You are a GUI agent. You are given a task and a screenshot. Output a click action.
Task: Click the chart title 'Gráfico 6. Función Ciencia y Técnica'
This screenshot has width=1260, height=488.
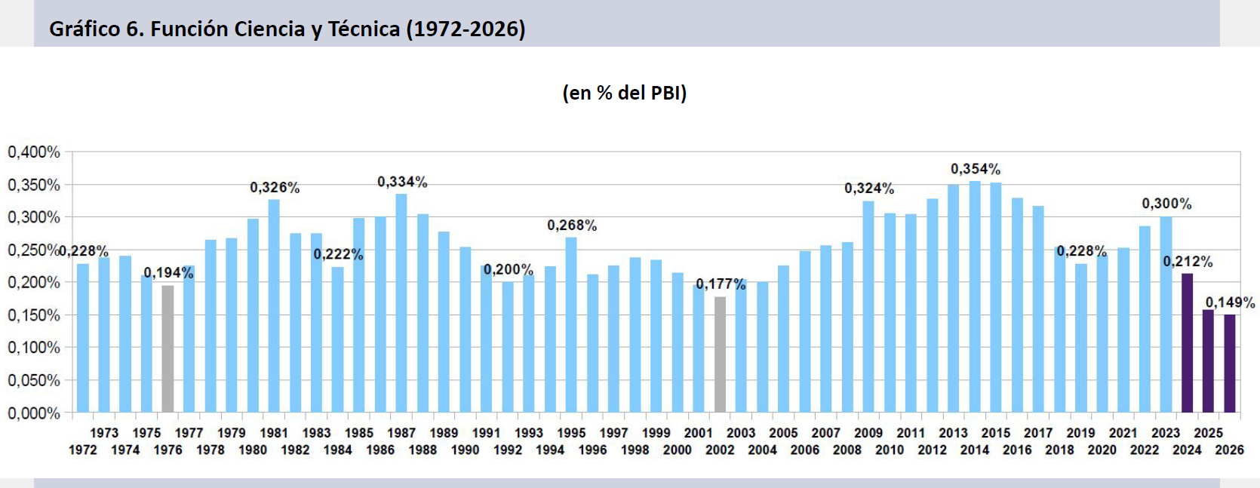click(287, 29)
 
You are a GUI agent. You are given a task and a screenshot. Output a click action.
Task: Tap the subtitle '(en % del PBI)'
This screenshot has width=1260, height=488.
click(624, 93)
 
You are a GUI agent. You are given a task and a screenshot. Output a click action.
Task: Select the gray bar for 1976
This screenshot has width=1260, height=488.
click(167, 348)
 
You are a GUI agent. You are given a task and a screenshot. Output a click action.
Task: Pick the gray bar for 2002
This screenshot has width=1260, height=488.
click(720, 354)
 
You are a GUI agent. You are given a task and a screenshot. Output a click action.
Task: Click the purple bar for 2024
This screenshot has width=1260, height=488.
click(1187, 343)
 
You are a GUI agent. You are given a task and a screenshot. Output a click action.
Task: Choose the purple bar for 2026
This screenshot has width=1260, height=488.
click(1230, 364)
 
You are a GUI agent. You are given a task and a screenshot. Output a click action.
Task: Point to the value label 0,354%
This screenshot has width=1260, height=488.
click(975, 169)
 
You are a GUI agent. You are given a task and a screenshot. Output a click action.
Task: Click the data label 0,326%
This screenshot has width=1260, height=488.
click(275, 187)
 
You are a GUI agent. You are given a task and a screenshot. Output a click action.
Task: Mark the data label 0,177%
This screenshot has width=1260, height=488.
click(721, 284)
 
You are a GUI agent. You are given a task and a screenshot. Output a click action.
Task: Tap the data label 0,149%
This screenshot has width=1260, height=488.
click(1230, 302)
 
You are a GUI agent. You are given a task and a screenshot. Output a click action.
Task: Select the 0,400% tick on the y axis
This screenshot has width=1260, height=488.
click(34, 152)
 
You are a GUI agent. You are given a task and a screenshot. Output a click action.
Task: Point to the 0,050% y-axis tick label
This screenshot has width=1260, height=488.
click(34, 380)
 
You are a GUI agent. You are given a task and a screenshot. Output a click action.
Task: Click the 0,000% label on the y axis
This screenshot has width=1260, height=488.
click(34, 413)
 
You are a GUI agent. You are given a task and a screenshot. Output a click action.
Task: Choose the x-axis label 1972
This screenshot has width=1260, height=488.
click(83, 450)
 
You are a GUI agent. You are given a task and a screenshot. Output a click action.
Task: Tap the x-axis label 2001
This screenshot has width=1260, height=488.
click(698, 433)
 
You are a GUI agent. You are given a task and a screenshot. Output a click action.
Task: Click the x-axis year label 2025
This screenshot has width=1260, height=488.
click(1208, 433)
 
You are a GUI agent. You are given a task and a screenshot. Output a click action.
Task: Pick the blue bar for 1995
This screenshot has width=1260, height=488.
click(571, 325)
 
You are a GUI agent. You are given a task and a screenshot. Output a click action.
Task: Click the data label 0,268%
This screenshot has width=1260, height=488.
click(572, 226)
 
